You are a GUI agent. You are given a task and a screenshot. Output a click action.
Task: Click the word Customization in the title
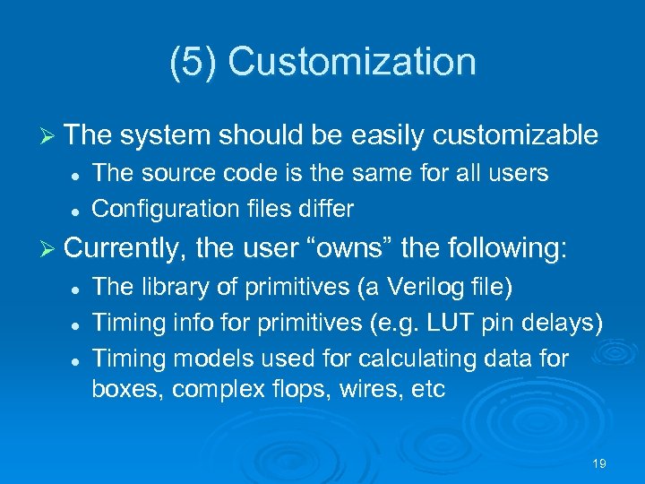coord(352,62)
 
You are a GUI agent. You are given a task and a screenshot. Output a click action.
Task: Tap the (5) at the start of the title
coord(193,62)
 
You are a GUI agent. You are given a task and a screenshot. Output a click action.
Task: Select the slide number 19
coord(599,463)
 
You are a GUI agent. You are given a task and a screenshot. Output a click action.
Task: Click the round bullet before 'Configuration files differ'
coord(78,210)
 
